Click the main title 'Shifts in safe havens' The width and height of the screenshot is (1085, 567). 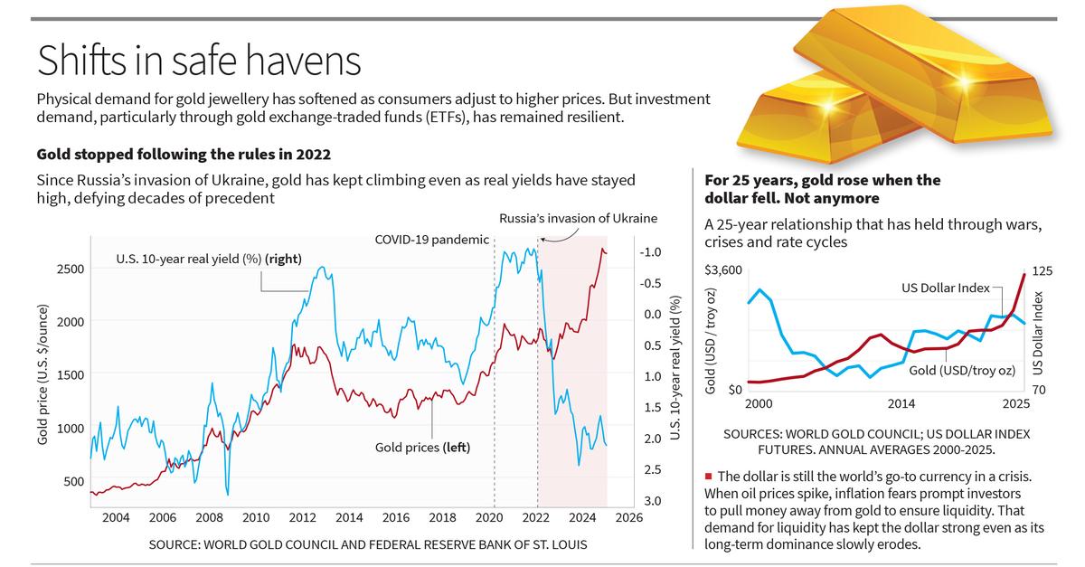198,61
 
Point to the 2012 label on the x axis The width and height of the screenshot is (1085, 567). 302,517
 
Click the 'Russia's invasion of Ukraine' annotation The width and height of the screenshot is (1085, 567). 579,218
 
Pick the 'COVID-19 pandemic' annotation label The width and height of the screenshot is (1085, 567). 431,240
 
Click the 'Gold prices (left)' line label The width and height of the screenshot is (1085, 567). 422,447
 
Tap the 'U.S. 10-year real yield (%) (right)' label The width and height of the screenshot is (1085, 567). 209,260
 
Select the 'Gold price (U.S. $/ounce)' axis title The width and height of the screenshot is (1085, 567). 42,373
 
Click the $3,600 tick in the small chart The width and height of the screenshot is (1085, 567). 722,270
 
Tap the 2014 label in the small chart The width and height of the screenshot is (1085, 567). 902,402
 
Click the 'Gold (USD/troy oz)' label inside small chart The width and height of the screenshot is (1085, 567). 961,371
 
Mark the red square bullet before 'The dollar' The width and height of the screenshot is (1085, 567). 708,476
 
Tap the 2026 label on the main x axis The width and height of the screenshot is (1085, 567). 628,517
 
